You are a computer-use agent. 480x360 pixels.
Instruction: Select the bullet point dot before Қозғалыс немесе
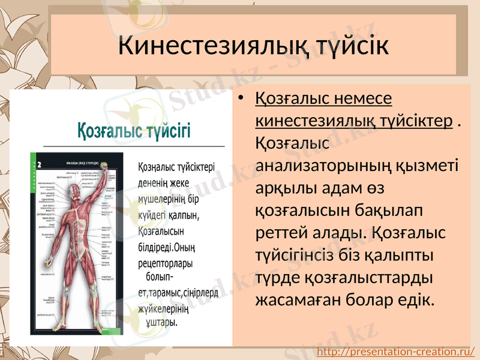click(241, 98)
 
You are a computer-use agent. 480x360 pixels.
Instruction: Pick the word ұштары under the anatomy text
click(161, 323)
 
